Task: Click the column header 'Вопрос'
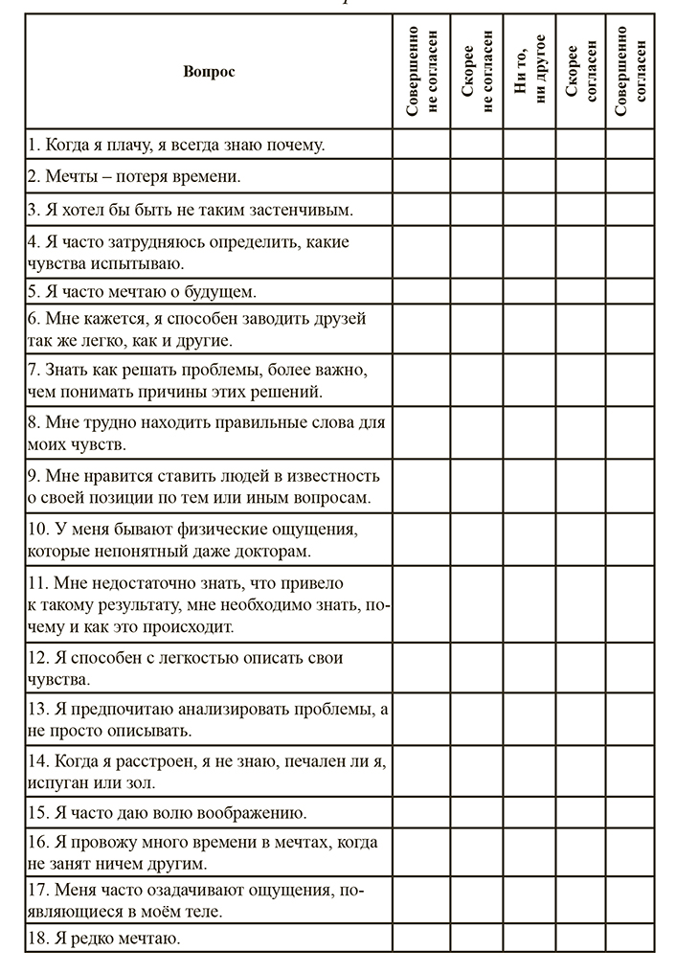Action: [208, 72]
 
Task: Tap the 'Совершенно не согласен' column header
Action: [421, 72]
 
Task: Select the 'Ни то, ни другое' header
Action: [530, 72]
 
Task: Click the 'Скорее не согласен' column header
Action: [477, 72]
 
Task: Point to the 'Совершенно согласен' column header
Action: [630, 72]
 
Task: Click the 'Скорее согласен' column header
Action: [581, 72]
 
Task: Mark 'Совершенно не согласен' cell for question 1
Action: [421, 145]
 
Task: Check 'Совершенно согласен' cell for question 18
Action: [630, 938]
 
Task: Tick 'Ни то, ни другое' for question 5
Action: [530, 291]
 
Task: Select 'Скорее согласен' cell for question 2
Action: [581, 176]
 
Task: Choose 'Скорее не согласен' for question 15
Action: [477, 813]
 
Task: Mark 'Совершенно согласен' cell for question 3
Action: [630, 209]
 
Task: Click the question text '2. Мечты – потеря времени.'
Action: [133, 176]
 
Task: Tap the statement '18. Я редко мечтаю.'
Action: [104, 938]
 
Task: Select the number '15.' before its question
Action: [38, 813]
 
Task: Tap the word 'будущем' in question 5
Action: [219, 291]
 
